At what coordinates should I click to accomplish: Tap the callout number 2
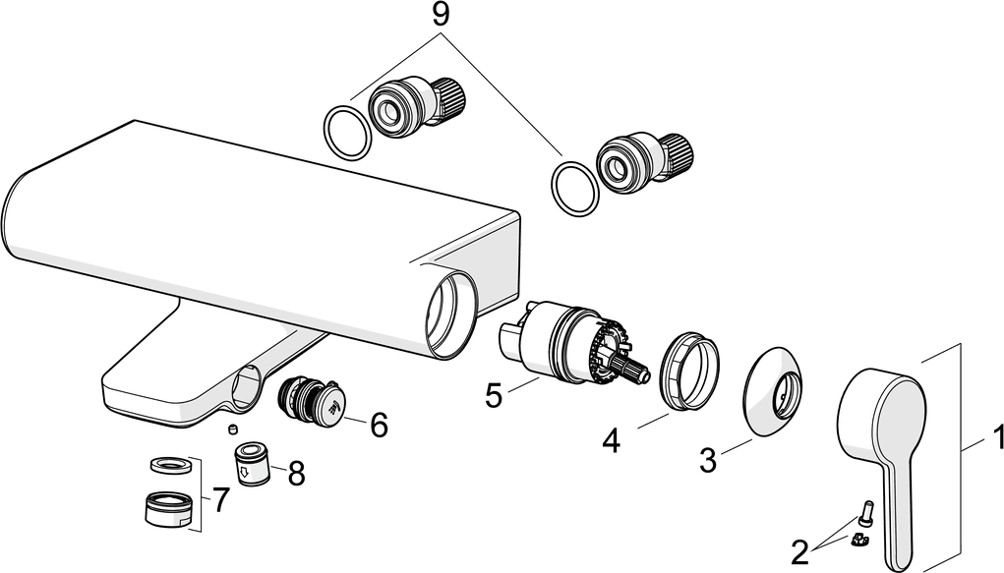(799, 551)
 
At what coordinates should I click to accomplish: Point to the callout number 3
(707, 458)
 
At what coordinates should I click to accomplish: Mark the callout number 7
(220, 500)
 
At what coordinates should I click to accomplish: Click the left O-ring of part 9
(346, 131)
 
